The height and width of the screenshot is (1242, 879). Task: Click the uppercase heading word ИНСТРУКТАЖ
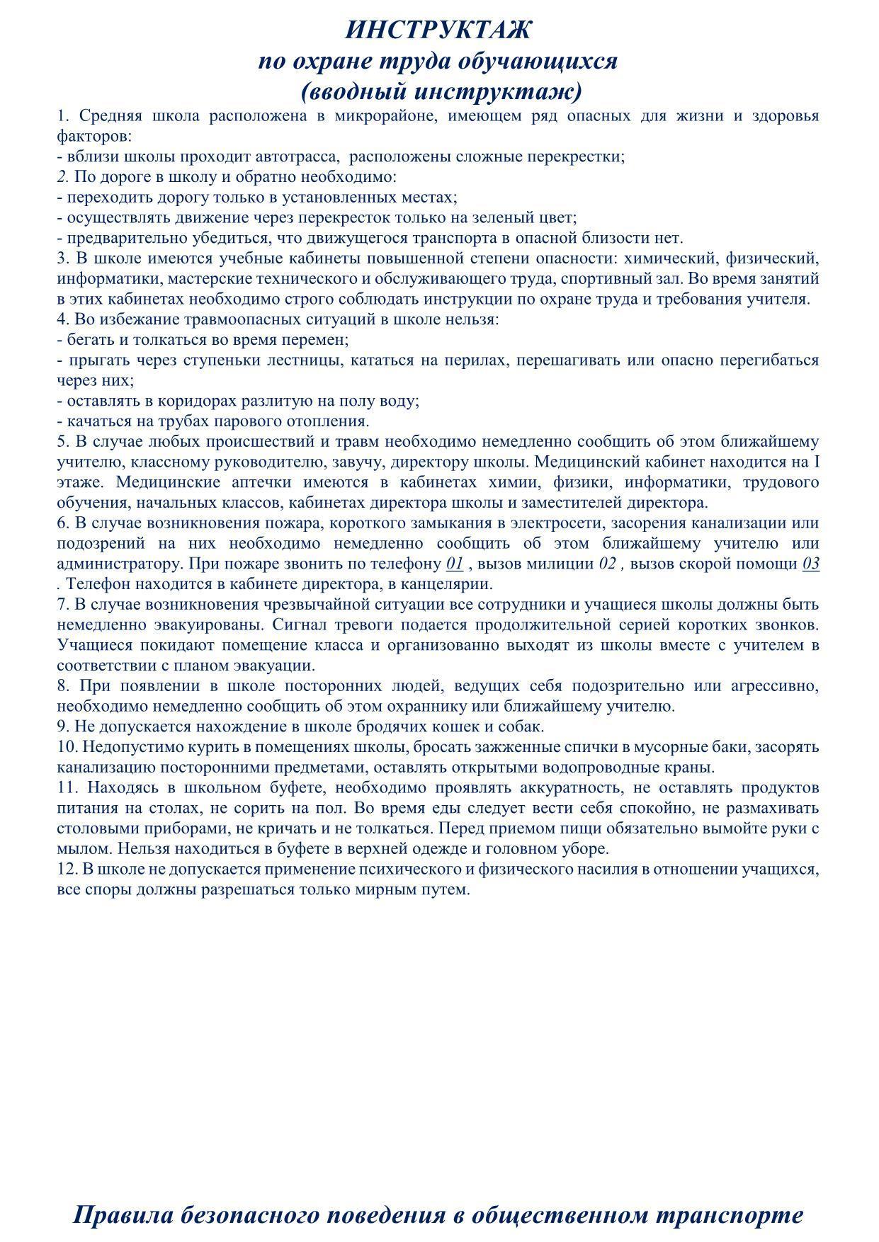click(438, 30)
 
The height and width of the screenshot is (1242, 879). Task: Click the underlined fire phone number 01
click(455, 564)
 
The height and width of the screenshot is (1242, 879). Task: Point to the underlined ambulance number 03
click(811, 564)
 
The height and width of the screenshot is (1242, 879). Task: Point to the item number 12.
click(66, 870)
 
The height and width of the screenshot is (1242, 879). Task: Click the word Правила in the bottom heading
click(123, 1214)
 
